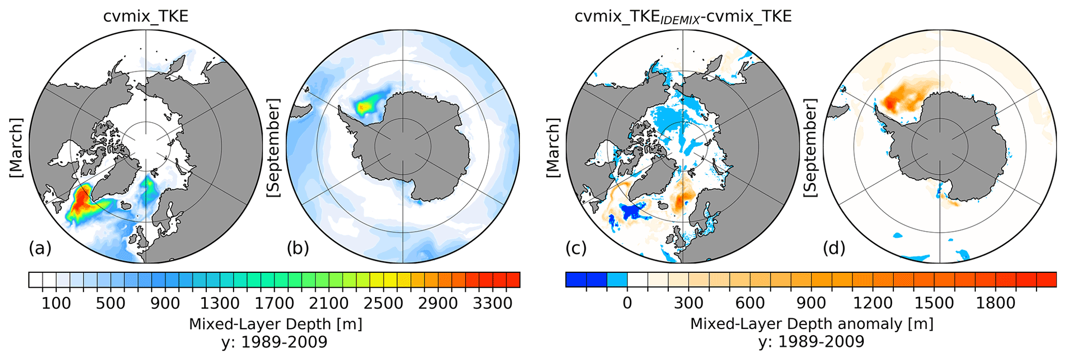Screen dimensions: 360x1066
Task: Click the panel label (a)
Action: (x=40, y=249)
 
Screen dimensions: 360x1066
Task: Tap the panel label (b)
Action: (x=298, y=249)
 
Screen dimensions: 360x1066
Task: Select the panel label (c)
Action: (x=576, y=249)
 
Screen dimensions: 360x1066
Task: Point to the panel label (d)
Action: (x=834, y=249)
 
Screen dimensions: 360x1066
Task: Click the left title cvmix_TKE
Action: (x=146, y=17)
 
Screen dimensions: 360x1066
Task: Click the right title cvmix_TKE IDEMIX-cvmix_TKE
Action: (x=683, y=17)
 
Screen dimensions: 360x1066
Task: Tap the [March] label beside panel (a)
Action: (x=17, y=149)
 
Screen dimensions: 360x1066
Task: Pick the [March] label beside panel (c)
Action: (x=553, y=149)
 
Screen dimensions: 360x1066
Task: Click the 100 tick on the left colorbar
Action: (x=56, y=303)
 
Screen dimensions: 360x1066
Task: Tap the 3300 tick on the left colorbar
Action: (x=493, y=303)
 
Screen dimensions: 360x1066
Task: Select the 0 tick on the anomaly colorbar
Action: (x=627, y=303)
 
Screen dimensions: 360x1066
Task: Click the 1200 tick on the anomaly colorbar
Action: (x=873, y=303)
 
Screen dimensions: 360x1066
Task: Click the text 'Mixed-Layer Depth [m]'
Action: (x=275, y=324)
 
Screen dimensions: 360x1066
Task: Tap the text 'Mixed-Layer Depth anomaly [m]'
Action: (x=812, y=324)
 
